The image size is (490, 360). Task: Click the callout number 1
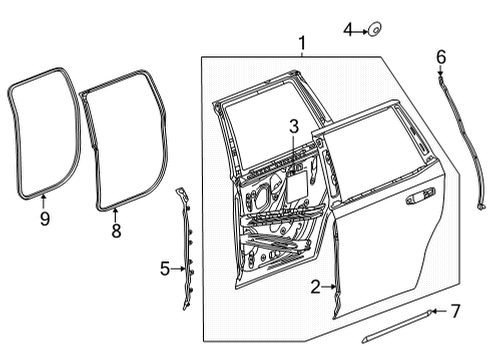[x=302, y=43]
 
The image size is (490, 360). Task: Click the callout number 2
[x=314, y=288]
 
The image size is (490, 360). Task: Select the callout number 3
[x=294, y=126]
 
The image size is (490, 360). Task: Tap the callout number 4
[x=348, y=29]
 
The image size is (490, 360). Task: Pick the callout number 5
[x=165, y=268]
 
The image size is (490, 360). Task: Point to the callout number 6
[x=440, y=57]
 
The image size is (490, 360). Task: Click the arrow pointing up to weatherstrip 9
[x=43, y=200]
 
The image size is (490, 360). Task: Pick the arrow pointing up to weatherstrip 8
[x=115, y=214]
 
